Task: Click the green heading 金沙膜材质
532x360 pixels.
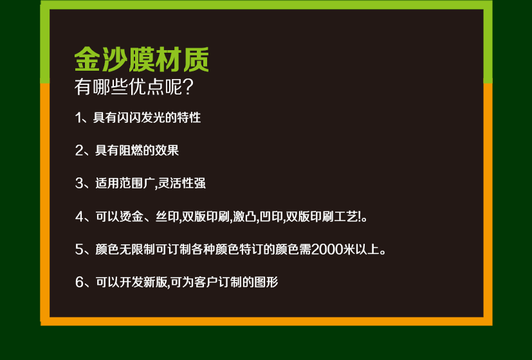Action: (142, 60)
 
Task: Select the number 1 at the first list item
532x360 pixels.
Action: (78, 118)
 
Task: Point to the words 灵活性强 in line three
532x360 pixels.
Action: (182, 184)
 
